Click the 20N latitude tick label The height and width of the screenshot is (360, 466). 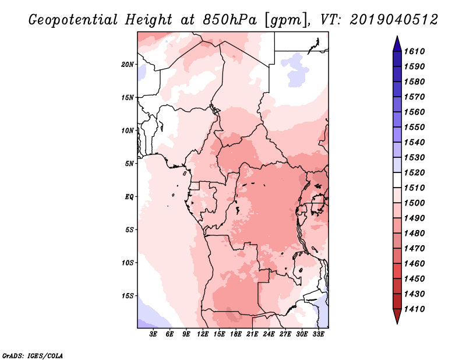click(x=128, y=64)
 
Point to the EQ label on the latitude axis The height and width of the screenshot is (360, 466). click(x=129, y=197)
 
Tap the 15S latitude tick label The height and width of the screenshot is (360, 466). click(x=128, y=296)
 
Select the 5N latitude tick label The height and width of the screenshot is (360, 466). click(x=129, y=164)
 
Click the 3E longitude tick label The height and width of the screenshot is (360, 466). click(x=153, y=334)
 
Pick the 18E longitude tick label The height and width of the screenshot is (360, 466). click(x=236, y=334)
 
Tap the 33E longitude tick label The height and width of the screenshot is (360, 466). click(x=318, y=334)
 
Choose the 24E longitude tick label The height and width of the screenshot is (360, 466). click(x=269, y=334)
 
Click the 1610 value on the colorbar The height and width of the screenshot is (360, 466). click(x=414, y=51)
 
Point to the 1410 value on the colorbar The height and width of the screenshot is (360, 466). click(x=414, y=309)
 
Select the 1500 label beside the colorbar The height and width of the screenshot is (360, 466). click(x=414, y=203)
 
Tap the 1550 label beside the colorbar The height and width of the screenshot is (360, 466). click(x=414, y=127)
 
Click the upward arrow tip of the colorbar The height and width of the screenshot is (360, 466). click(x=397, y=36)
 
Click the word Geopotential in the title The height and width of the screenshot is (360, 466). click(x=73, y=20)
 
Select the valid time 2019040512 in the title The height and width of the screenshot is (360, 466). click(x=394, y=20)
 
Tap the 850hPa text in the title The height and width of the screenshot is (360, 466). click(x=230, y=20)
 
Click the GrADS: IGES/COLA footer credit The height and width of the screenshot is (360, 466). click(x=33, y=355)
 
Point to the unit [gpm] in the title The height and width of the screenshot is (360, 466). click(x=286, y=20)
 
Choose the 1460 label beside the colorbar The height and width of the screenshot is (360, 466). click(x=414, y=264)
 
